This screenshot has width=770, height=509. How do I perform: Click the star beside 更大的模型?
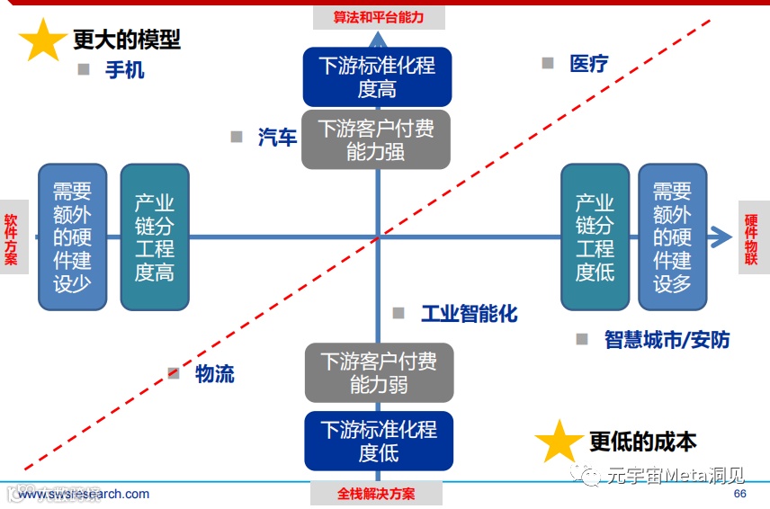pyautogui.click(x=43, y=40)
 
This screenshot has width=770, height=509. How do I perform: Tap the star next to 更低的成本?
pyautogui.click(x=559, y=442)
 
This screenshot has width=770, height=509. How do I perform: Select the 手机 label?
pyautogui.click(x=125, y=69)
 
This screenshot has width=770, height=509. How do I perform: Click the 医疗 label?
pyautogui.click(x=589, y=63)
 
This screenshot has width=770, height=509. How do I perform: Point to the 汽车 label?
pyautogui.click(x=277, y=137)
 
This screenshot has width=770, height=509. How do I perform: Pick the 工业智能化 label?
pyautogui.click(x=470, y=313)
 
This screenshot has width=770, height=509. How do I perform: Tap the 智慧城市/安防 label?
pyautogui.click(x=667, y=339)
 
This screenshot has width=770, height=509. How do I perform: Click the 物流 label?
pyautogui.click(x=215, y=373)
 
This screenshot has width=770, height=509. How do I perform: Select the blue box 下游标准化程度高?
pyautogui.click(x=377, y=77)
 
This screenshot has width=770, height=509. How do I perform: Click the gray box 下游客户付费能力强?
pyautogui.click(x=376, y=140)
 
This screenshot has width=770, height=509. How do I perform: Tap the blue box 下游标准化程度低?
pyautogui.click(x=378, y=441)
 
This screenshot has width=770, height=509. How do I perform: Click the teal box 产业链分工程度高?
pyautogui.click(x=154, y=237)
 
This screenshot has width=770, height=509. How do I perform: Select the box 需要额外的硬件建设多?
pyautogui.click(x=672, y=237)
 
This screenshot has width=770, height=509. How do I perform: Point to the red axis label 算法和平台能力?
pyautogui.click(x=378, y=16)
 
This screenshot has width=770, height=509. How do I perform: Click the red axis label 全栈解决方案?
pyautogui.click(x=376, y=494)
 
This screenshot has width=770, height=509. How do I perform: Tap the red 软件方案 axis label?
pyautogui.click(x=11, y=238)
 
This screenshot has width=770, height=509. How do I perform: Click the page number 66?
pyautogui.click(x=740, y=494)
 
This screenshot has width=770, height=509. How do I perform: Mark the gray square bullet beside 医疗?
pyautogui.click(x=548, y=63)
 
